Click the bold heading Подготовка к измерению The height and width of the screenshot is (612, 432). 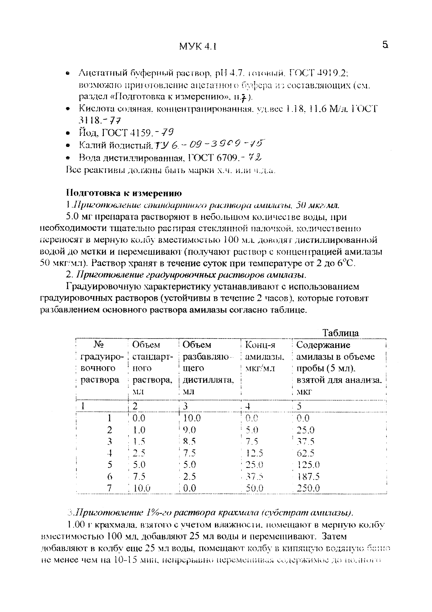tap(124, 193)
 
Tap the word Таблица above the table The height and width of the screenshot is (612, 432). tap(341, 333)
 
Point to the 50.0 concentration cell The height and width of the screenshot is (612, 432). tap(254, 488)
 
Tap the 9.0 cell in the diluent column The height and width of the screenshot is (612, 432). tap(190, 430)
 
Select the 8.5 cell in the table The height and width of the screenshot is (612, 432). tap(190, 441)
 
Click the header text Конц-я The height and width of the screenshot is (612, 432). tap(260, 345)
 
